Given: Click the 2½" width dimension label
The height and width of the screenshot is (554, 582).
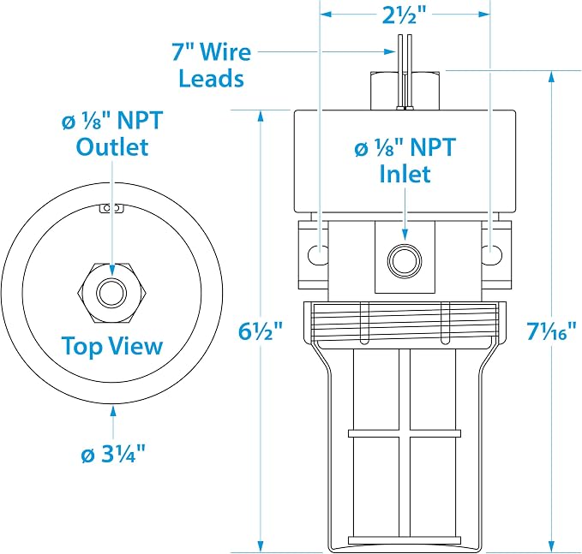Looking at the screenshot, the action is tap(405, 15).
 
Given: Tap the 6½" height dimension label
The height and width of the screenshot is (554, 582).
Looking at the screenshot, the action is tap(261, 331).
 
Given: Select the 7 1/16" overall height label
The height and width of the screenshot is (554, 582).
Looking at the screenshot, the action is tap(551, 331).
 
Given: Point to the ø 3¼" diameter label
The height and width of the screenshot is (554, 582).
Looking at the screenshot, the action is tap(113, 453).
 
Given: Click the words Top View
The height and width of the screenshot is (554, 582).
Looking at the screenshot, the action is tap(112, 346).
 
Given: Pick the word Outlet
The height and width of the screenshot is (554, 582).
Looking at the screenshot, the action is tap(112, 146).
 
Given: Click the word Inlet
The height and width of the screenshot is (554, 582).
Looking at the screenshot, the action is tap(405, 174).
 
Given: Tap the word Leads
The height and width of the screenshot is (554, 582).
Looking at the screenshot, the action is tap(212, 78).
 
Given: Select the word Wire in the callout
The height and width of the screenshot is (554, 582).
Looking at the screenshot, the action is tap(227, 52).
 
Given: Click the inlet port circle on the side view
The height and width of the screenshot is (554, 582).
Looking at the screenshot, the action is tap(405, 260).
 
